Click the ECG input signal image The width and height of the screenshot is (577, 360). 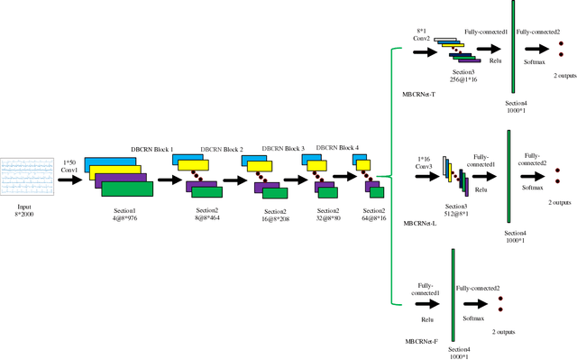pos(28,179)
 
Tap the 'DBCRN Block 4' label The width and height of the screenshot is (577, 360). pos(337,147)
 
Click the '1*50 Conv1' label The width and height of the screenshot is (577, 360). pos(70,166)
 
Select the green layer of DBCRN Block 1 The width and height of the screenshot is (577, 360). pos(127,189)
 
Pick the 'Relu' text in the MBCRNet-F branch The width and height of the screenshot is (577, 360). pos(426,318)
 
